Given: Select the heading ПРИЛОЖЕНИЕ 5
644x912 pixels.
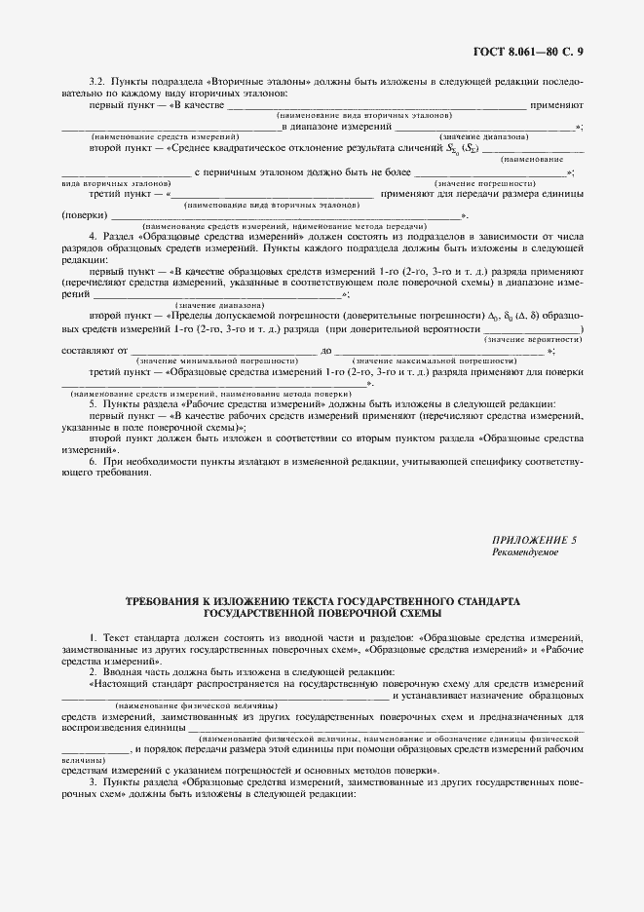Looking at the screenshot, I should pos(535,540).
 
